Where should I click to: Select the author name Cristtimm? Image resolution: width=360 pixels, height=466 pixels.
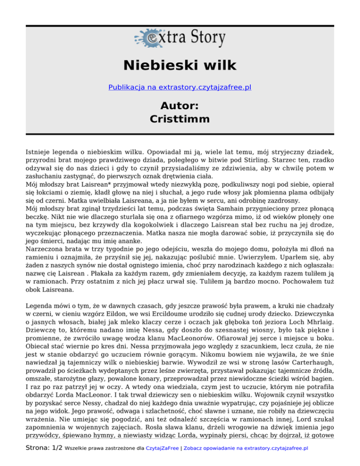point(180,119)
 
